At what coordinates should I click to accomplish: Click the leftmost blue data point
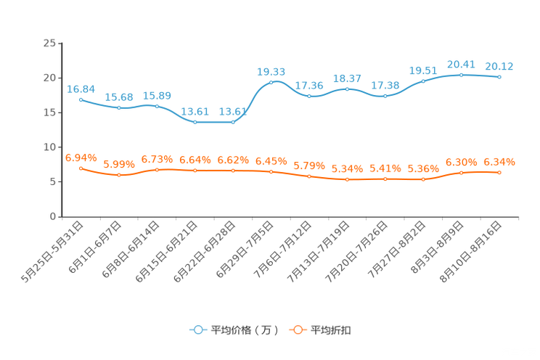tap(81, 99)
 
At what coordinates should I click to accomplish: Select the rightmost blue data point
tap(500, 76)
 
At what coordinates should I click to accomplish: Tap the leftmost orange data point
tap(81, 168)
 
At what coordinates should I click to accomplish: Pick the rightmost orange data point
tap(500, 172)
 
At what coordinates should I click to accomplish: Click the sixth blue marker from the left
tap(271, 82)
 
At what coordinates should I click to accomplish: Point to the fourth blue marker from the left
tap(195, 123)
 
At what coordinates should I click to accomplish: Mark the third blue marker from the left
tap(157, 107)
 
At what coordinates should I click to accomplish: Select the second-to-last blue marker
tap(462, 74)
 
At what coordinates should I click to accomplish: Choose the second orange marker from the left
tap(118, 175)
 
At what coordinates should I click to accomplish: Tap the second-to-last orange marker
tap(462, 173)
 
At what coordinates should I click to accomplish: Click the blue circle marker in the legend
tap(197, 330)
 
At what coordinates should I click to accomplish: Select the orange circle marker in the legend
tap(297, 330)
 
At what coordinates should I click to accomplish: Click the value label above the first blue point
tap(81, 89)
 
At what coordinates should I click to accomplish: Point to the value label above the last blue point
tap(499, 66)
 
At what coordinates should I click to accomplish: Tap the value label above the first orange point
tap(81, 157)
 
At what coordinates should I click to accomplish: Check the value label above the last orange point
tap(499, 162)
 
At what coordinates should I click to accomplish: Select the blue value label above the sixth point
tap(271, 71)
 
